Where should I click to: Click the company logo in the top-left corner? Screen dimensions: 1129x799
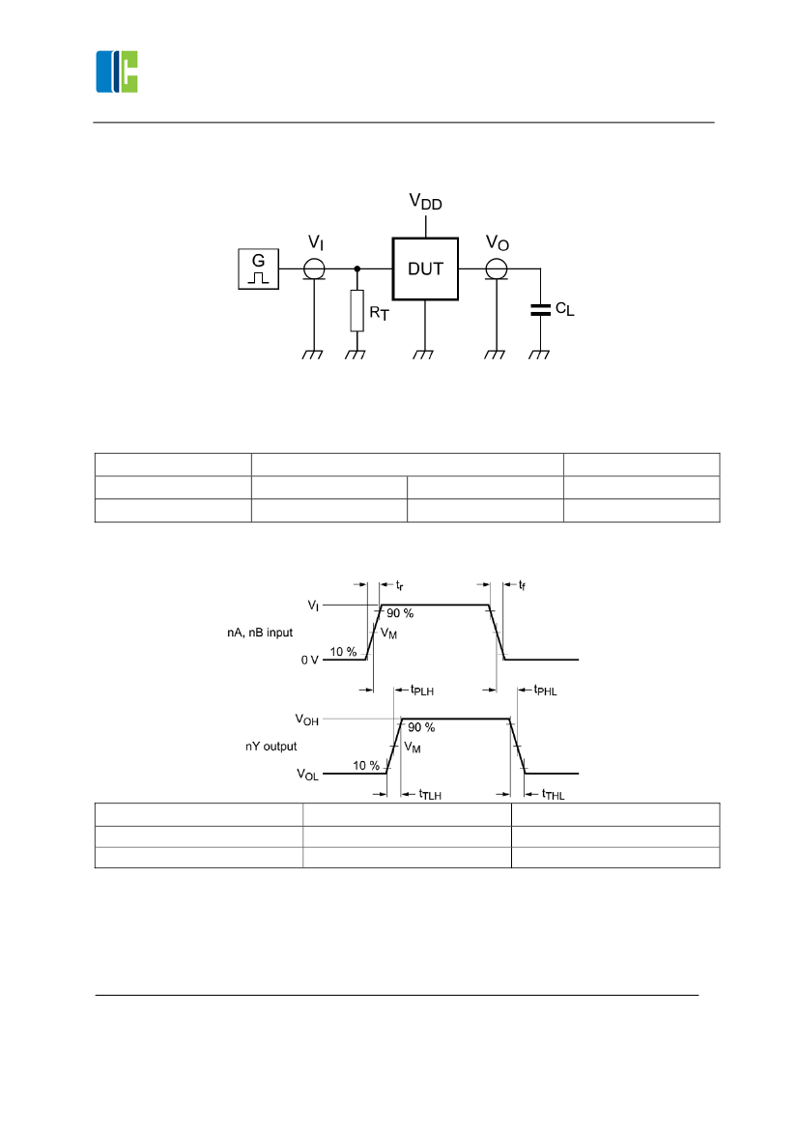pos(117,71)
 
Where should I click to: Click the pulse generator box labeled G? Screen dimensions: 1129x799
pos(258,268)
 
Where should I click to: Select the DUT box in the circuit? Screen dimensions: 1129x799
pos(425,268)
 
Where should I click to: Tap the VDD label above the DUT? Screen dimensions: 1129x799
pos(425,202)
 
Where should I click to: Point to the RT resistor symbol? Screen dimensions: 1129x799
pos(357,310)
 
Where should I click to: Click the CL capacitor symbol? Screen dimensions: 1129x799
pos(539,310)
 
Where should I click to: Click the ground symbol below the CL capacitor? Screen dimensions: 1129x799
pos(539,354)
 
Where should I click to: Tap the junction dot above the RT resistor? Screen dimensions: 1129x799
pos(357,268)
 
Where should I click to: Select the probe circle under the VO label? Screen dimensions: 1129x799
pos(497,268)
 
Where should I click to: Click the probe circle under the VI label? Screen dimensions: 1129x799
pos(315,268)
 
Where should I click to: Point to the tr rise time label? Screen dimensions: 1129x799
pos(400,585)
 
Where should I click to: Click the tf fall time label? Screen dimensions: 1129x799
pos(522,585)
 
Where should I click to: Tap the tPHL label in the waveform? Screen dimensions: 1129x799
pos(546,691)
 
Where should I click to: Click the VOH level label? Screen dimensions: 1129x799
pos(306,720)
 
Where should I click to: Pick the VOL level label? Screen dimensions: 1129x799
pos(307,775)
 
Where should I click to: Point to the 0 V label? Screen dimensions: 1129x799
pos(309,660)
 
